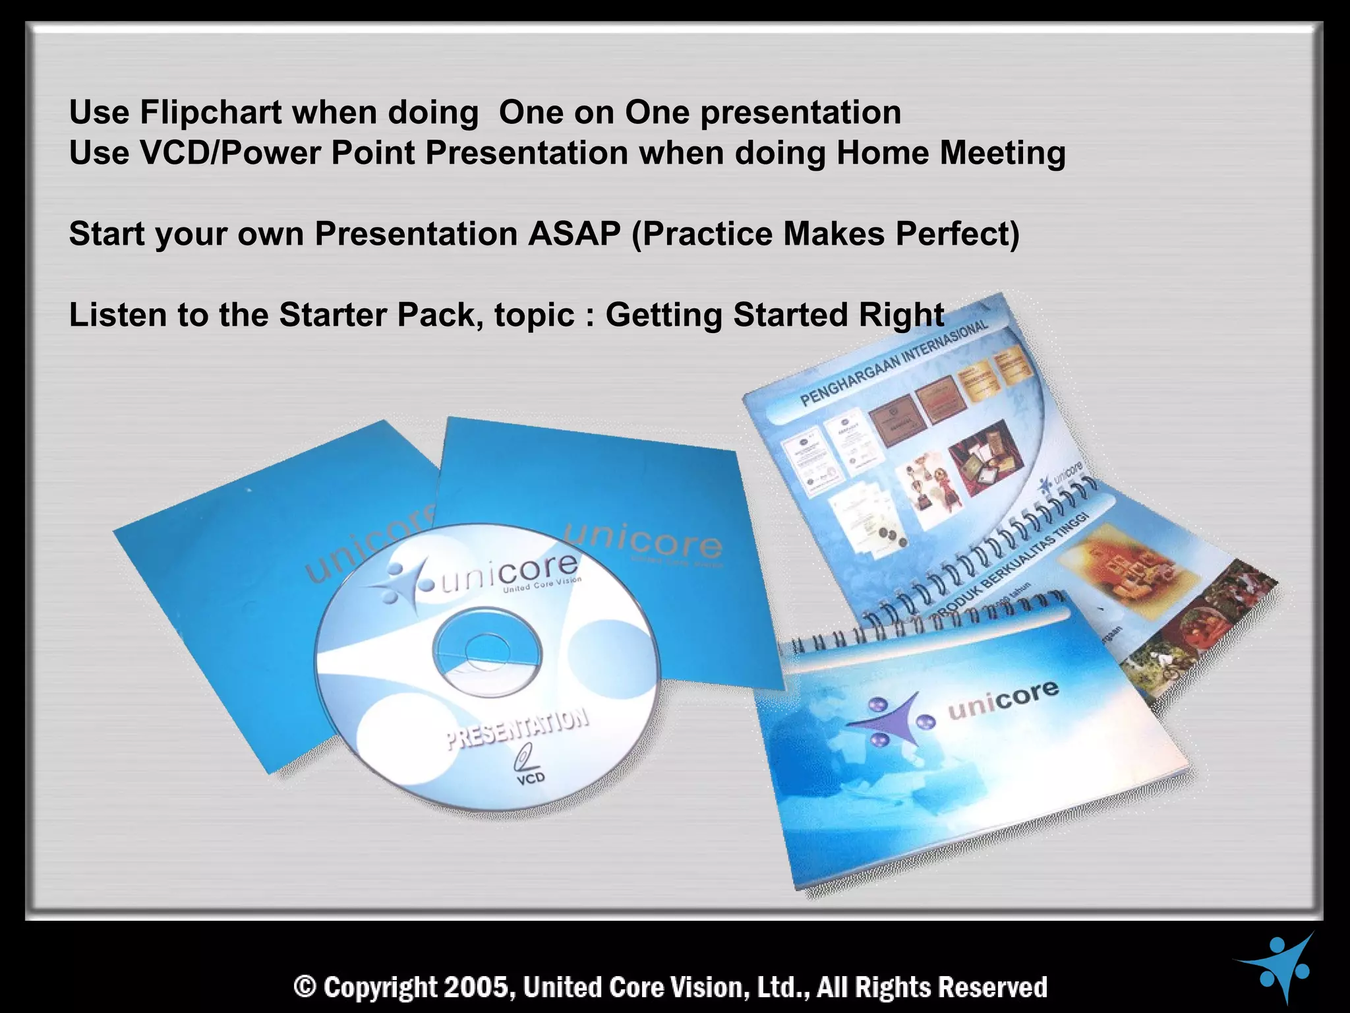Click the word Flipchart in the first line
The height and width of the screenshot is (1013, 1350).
[211, 112]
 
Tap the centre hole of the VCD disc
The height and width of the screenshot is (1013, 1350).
[486, 650]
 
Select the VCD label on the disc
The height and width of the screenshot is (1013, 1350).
[530, 778]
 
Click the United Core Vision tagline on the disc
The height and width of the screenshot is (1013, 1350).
[542, 584]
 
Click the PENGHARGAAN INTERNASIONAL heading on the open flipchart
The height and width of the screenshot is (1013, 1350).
[893, 363]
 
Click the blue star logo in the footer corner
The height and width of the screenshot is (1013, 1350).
[1282, 966]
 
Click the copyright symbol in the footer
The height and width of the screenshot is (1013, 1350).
[305, 987]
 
